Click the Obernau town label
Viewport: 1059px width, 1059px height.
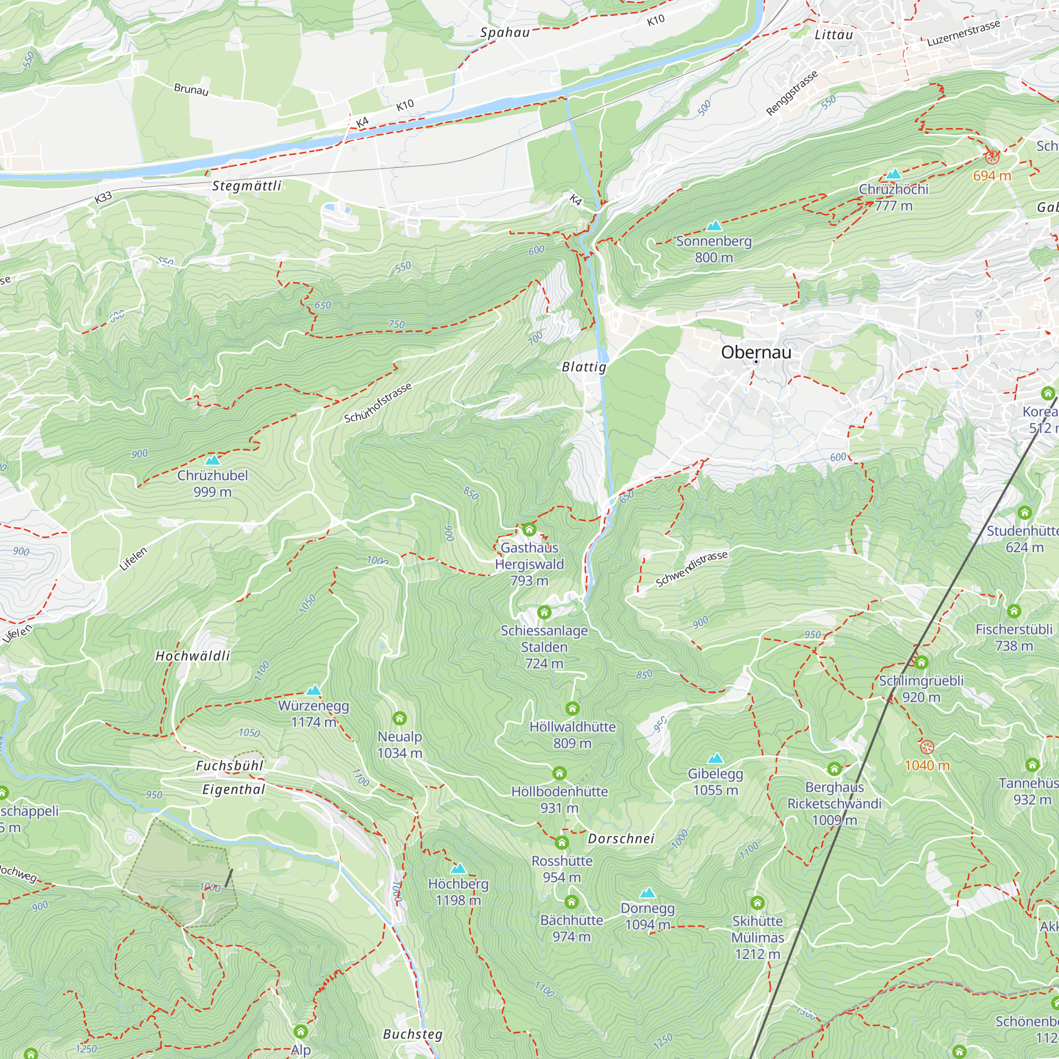tap(756, 352)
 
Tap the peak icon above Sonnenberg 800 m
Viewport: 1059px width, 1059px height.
tap(714, 225)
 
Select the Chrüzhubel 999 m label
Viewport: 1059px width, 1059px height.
tap(212, 483)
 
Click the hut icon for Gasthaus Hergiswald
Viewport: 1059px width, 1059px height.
tap(529, 529)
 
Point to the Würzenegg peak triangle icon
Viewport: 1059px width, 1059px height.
tap(313, 690)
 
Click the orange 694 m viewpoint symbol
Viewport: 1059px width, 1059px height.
tap(992, 157)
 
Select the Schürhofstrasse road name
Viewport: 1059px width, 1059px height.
tap(378, 403)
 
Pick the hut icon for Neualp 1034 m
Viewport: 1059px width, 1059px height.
tap(400, 718)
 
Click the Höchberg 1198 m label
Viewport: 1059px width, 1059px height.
tap(458, 892)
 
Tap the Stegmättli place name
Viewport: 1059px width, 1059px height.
tap(247, 186)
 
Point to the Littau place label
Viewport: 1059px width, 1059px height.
tap(834, 34)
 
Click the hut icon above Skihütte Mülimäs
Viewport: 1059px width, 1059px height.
tap(758, 902)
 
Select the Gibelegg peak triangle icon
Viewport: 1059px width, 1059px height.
tap(715, 759)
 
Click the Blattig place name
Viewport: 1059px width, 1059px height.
tap(585, 367)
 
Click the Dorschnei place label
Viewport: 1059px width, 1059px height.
tap(621, 839)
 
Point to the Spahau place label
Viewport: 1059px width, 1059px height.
tap(505, 32)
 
